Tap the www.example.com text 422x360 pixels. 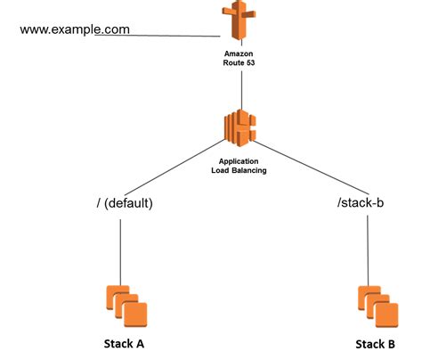[x=75, y=29]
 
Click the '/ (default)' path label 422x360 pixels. [x=125, y=204]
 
